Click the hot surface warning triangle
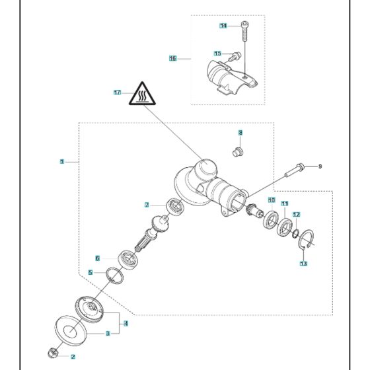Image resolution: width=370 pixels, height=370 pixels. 142,94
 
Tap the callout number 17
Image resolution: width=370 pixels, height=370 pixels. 118,92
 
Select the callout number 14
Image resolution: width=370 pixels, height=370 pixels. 223,26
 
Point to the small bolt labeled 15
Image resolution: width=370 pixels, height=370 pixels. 235,56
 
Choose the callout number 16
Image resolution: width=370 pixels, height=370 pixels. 172,58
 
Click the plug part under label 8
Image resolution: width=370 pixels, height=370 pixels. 238,152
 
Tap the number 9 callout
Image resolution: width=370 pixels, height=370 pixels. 320,166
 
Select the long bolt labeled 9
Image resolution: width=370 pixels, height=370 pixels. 295,170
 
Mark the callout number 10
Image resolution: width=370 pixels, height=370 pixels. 272,200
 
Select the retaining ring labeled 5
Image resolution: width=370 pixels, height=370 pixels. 115,276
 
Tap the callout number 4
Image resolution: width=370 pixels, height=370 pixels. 126,323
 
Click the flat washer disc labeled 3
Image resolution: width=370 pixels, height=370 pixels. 71,331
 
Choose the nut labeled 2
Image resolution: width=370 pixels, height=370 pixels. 53,353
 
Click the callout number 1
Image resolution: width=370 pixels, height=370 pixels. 62,162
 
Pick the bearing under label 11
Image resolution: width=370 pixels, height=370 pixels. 285,227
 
